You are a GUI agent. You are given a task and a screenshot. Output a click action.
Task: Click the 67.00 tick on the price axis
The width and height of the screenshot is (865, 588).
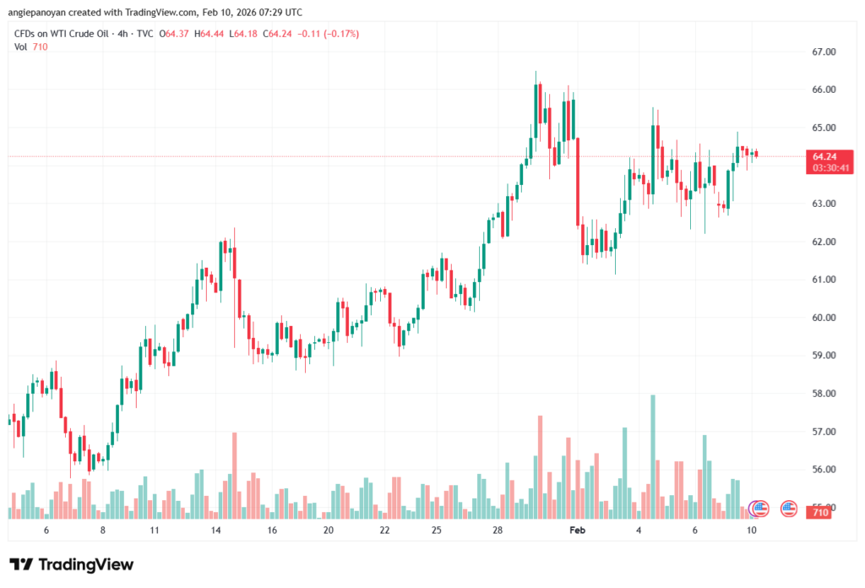point(823,52)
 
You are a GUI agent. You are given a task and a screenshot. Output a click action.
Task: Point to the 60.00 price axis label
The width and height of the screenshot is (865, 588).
point(823,318)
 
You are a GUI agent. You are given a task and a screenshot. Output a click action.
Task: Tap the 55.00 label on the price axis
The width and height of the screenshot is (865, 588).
point(823,507)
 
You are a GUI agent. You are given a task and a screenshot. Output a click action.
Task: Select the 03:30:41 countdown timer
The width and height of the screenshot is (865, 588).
point(831,168)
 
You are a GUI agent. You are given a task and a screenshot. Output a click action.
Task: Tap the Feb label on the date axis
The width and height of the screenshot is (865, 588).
point(578,530)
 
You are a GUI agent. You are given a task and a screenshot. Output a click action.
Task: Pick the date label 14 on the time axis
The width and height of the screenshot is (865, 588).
point(215,530)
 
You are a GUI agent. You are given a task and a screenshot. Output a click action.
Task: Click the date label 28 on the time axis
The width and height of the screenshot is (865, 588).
point(498,530)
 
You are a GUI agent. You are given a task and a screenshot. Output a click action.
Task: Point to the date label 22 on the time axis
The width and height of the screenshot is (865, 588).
point(384,530)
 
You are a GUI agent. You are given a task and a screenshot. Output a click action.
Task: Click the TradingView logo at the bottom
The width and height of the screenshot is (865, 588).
point(72,564)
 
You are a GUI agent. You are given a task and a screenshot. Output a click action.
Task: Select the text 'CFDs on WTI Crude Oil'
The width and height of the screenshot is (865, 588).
point(59,34)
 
